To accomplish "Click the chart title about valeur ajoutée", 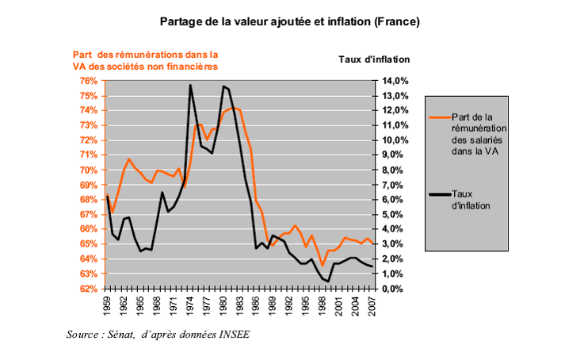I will (x=289, y=21).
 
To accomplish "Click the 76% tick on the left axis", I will (x=87, y=81).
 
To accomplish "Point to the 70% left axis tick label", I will (x=87, y=170).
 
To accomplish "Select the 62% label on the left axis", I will (x=87, y=289).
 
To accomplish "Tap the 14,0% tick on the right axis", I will (x=396, y=81).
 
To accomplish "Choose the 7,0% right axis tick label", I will (x=398, y=185).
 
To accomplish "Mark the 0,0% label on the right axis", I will (x=398, y=289).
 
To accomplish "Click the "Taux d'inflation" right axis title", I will (x=374, y=59).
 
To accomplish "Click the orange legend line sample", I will (x=440, y=117).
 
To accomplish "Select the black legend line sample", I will (x=440, y=193).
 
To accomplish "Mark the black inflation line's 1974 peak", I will (x=190, y=86).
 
